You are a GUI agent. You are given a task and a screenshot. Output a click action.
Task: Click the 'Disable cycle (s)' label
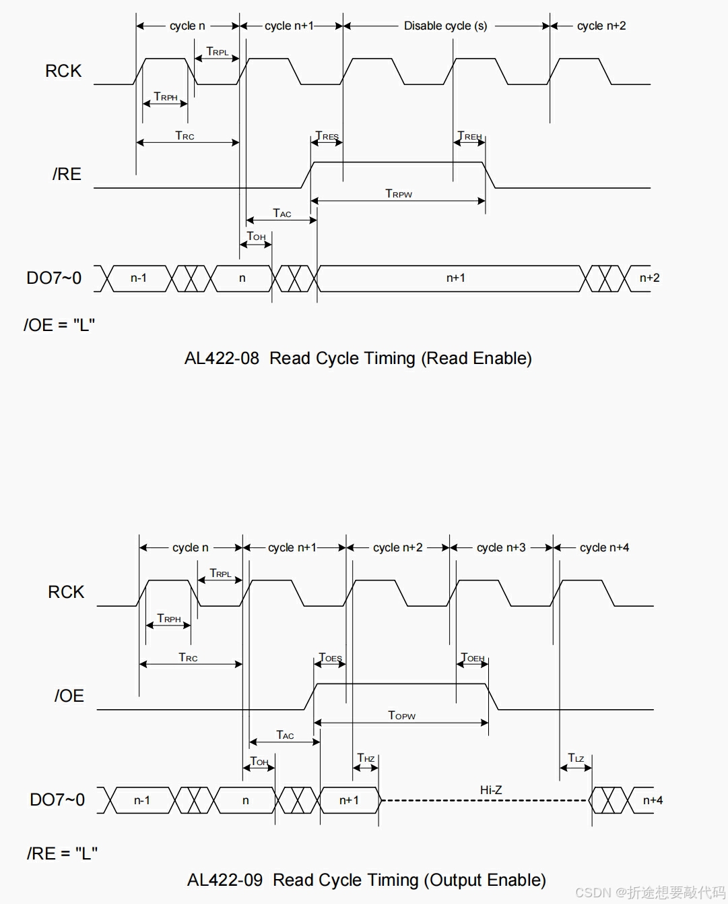coord(445,26)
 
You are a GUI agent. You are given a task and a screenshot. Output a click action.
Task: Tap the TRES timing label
coord(327,136)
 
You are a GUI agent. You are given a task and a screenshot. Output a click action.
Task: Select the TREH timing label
coord(469,136)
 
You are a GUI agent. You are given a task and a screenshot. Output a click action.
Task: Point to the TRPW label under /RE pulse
coord(399,193)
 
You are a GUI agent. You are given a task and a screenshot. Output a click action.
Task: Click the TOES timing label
coord(330,657)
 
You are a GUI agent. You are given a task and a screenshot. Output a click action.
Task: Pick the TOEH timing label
coord(472,657)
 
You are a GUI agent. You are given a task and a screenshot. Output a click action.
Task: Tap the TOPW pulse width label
coord(401,715)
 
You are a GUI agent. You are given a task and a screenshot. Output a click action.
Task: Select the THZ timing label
coord(366,758)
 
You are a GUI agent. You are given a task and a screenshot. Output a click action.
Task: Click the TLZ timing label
coord(576,758)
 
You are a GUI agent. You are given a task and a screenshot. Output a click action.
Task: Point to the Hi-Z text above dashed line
coord(491,789)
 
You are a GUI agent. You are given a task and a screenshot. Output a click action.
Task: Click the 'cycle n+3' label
coord(501,547)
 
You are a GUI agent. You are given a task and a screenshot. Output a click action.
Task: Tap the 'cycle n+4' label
coord(604,547)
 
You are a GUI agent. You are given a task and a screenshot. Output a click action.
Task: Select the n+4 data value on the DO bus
coord(653,800)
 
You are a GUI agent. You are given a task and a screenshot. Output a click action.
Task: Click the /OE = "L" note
coord(59,325)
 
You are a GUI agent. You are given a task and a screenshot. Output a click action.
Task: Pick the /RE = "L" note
coord(62,853)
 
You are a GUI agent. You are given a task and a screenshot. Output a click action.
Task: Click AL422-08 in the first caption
coord(222,358)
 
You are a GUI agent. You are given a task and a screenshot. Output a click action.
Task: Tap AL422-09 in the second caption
coord(225,880)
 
